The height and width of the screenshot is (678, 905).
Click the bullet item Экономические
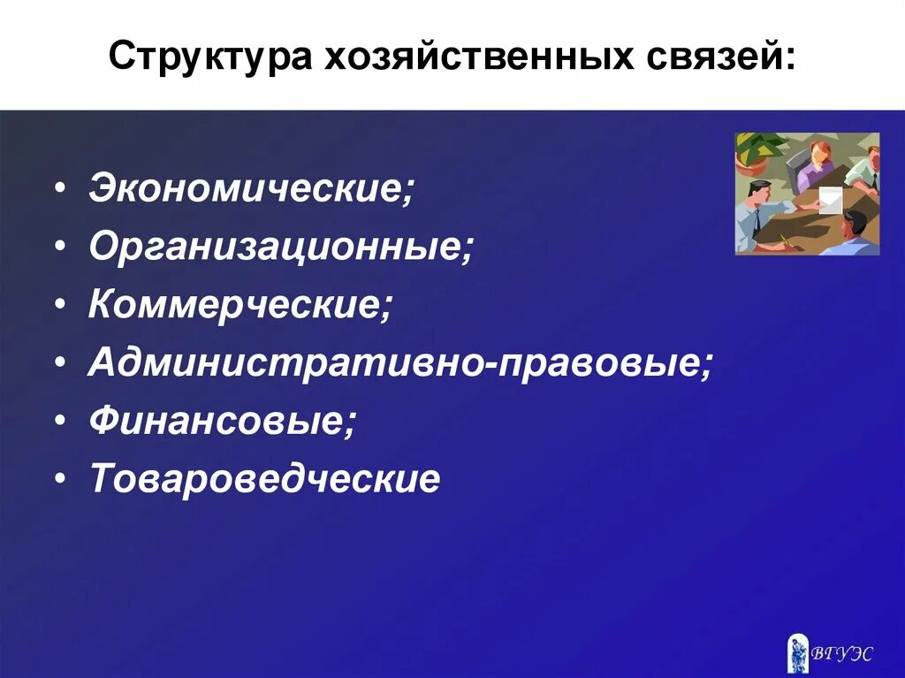(250, 190)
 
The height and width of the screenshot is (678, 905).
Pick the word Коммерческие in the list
(240, 306)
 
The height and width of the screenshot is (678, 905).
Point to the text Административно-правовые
(400, 363)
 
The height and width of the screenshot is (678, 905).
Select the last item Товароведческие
(264, 479)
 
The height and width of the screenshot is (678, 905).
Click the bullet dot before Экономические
(58, 192)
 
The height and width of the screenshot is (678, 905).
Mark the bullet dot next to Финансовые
(58, 423)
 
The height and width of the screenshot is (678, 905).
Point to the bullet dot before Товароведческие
(58, 480)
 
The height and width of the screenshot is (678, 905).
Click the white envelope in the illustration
(830, 200)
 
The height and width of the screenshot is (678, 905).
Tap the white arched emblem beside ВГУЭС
(798, 652)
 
